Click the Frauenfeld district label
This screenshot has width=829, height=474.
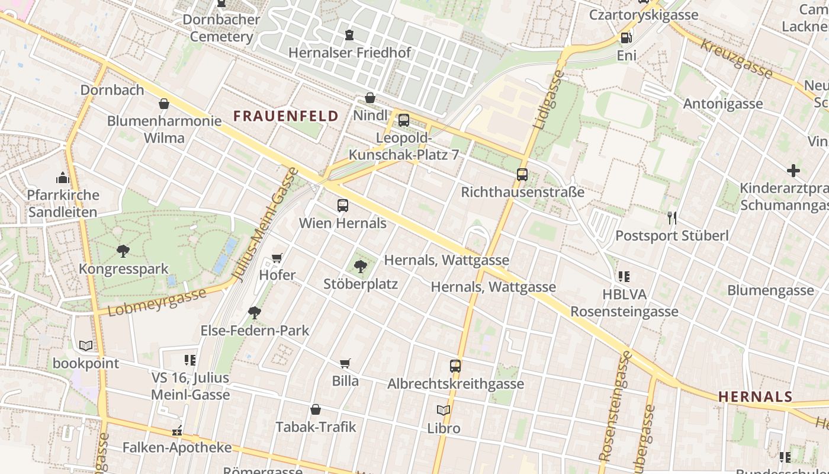[286, 116]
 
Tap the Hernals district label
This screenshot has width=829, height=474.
[755, 396]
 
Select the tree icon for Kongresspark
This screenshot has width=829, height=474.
[123, 251]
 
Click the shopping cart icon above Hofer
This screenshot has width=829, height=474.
[277, 258]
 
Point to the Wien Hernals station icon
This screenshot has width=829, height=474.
[343, 206]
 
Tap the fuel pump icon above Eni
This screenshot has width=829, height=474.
[626, 38]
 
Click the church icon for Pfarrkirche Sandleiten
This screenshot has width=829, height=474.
[63, 178]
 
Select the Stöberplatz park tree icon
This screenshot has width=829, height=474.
[360, 267]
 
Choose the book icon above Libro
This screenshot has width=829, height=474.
[444, 410]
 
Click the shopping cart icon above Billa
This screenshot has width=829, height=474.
[345, 363]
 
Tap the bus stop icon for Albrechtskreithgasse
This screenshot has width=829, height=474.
[455, 366]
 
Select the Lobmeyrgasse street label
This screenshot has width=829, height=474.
[157, 302]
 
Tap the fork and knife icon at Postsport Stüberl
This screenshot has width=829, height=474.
[671, 218]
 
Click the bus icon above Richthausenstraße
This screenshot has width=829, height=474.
[522, 175]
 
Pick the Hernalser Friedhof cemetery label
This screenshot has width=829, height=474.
[349, 52]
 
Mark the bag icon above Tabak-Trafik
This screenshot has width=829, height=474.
[316, 409]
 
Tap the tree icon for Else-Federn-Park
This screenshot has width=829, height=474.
[255, 312]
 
